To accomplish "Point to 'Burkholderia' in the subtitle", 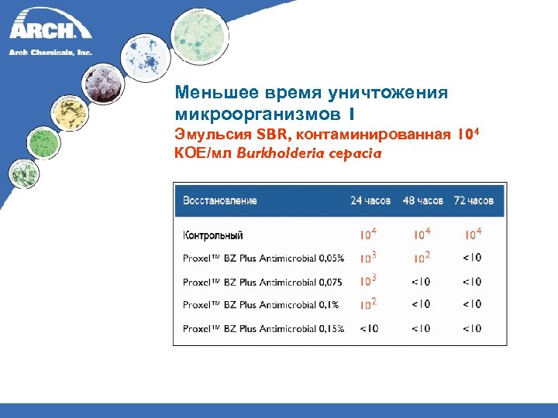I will coord(275,153).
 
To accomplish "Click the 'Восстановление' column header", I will coord(220,200).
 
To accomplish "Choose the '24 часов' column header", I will coord(370,200).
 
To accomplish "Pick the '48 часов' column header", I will coord(422,200).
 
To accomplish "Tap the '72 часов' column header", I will coord(474,200).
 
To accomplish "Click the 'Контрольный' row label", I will coord(213,235).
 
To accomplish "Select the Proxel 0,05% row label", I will coord(263,259).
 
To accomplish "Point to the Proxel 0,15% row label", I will coord(263,329).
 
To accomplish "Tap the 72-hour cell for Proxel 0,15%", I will coord(472,329).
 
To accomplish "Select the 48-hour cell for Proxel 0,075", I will coord(421,282).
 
